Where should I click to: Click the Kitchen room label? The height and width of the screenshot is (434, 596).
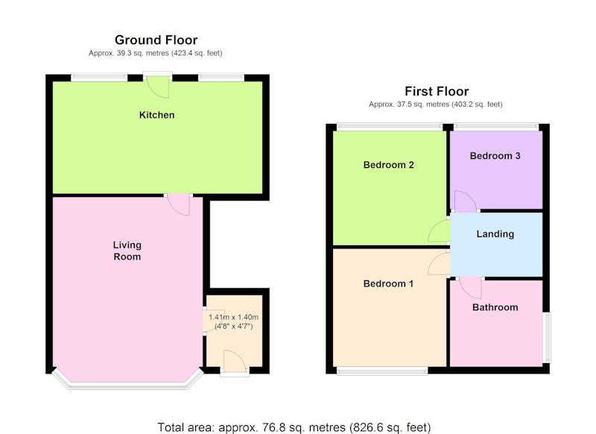(x=156, y=115)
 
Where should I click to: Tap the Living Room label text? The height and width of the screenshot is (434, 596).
(x=127, y=251)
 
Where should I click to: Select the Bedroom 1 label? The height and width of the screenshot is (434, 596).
(x=388, y=284)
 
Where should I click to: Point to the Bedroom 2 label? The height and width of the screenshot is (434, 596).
(x=388, y=165)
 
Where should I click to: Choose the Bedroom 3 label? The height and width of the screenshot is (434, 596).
(x=495, y=156)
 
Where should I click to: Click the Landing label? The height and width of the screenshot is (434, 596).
(x=495, y=234)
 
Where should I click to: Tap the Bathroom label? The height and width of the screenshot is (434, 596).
(x=495, y=307)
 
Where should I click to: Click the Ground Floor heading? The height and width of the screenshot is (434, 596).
(x=156, y=40)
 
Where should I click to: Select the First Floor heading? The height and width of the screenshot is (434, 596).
(x=437, y=91)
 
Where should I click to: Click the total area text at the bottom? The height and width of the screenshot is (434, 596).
(x=294, y=427)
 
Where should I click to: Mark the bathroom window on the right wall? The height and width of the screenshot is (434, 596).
(x=546, y=337)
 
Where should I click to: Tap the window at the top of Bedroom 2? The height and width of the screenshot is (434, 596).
(x=390, y=127)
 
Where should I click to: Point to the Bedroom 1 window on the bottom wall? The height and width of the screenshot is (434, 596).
(x=382, y=371)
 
